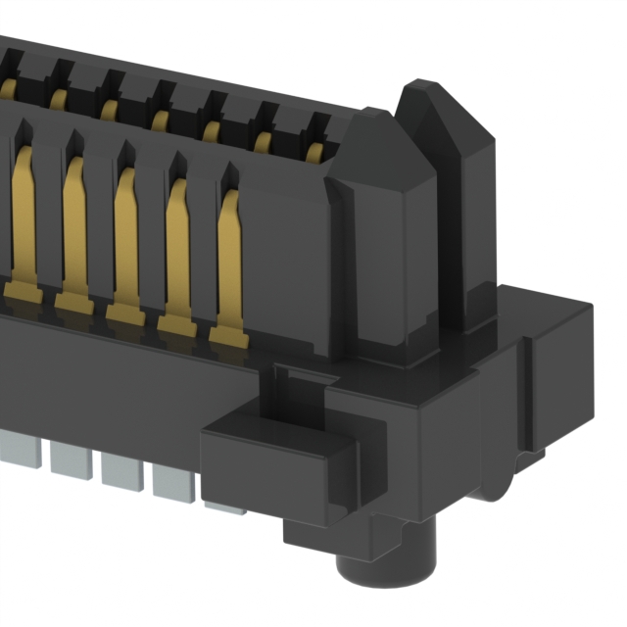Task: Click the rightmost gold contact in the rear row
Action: pyautogui.click(x=315, y=148)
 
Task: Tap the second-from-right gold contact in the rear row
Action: pyautogui.click(x=263, y=139)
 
